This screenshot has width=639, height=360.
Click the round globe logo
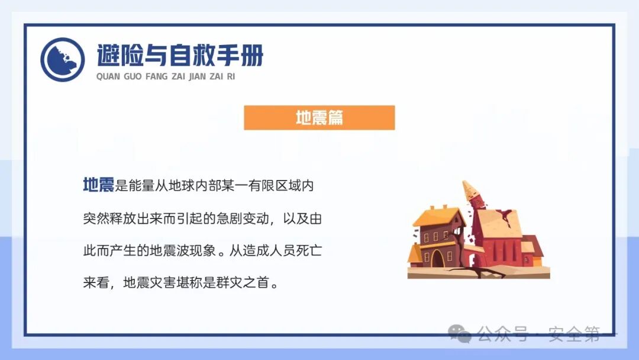click(x=63, y=60)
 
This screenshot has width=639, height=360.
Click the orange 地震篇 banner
click(x=319, y=118)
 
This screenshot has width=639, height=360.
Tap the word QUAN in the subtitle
click(x=108, y=76)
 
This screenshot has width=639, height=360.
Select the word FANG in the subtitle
click(x=156, y=76)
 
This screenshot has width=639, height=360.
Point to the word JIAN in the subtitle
click(x=197, y=76)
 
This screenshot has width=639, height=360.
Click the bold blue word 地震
click(x=98, y=186)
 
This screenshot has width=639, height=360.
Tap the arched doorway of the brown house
click(x=438, y=259)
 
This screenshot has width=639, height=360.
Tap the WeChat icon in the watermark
click(x=460, y=334)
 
